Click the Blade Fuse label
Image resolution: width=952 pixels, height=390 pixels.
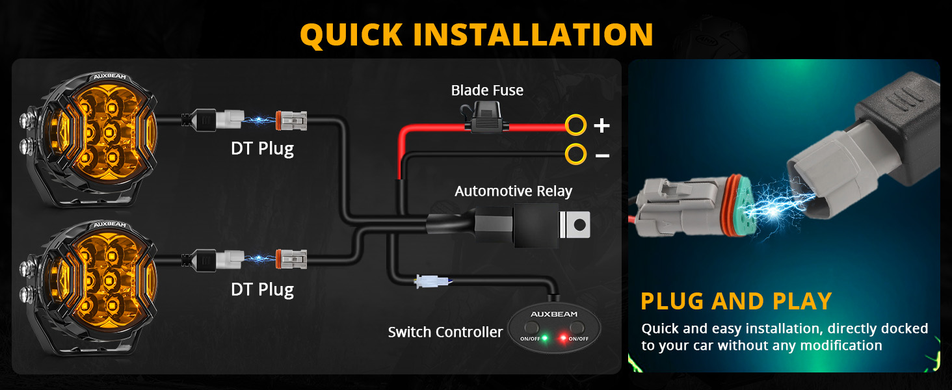[487, 90]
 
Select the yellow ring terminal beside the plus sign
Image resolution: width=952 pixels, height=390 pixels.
[576, 125]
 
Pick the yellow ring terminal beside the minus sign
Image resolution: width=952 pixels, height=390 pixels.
[576, 154]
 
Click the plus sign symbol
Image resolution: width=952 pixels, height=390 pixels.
[602, 125]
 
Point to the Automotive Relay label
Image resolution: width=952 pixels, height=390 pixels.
[514, 191]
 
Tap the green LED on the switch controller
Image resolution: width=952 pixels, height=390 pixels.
[545, 338]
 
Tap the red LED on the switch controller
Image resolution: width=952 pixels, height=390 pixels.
[563, 338]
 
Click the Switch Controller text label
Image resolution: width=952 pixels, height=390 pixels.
[445, 331]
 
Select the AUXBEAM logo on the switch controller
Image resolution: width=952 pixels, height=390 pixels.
[554, 315]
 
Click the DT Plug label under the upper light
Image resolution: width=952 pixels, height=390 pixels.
[262, 149]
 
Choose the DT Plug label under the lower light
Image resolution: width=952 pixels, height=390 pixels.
[262, 290]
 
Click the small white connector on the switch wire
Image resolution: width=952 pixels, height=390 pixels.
[431, 281]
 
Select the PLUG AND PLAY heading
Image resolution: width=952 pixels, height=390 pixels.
[736, 301]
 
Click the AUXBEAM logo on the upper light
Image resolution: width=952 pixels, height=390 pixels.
[110, 77]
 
